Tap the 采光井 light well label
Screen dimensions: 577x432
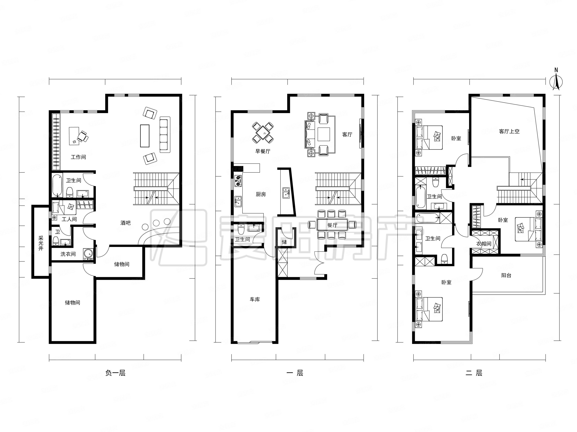click(41, 243)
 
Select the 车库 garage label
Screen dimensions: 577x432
click(255, 299)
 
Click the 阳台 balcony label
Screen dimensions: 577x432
click(506, 275)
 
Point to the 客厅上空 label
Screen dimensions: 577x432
click(509, 132)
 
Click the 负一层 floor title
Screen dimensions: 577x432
click(115, 373)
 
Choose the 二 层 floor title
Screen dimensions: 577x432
click(474, 373)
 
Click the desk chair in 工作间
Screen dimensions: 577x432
click(83, 136)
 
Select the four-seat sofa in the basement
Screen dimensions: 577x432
click(165, 135)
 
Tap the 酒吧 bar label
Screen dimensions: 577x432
click(126, 223)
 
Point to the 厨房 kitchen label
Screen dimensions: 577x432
click(261, 194)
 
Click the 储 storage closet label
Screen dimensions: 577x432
click(284, 242)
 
